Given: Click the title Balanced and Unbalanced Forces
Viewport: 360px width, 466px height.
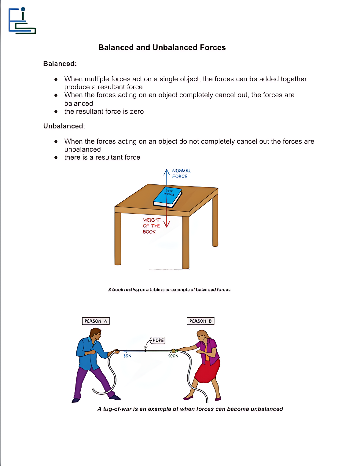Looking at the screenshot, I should tap(162, 48).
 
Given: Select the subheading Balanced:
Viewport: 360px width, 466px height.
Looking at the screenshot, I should tap(60, 64).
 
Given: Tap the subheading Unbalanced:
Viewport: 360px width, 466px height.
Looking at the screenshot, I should tap(64, 126).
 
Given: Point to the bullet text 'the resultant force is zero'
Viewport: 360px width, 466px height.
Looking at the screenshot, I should tap(104, 112).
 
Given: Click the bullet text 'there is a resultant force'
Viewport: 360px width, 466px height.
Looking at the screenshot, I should tap(102, 157).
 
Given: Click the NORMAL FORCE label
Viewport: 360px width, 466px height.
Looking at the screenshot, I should tap(181, 174).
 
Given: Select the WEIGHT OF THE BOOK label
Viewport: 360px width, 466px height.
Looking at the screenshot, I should tap(151, 226).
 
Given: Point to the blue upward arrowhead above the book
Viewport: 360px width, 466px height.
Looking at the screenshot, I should tap(167, 172).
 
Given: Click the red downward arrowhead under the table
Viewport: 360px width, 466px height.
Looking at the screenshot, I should tap(167, 224).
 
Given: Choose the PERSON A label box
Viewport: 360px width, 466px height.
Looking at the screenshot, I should tap(96, 321).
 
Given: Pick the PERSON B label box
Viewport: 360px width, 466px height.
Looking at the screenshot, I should tap(200, 321).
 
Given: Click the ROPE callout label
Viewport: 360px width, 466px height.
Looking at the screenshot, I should tap(158, 340).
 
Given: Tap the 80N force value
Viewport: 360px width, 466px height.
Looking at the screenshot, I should tap(127, 356).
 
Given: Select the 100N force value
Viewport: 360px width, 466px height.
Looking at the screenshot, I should tap(173, 356).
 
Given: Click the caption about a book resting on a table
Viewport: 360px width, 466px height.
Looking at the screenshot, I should tap(169, 290).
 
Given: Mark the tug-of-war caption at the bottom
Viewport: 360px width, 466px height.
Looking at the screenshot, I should tap(190, 409).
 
